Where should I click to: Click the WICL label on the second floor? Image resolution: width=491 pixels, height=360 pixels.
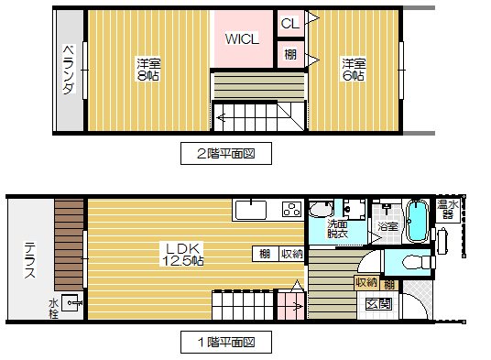[243, 38]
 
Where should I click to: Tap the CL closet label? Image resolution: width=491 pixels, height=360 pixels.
[289, 23]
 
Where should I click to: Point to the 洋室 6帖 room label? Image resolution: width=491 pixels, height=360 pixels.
[353, 70]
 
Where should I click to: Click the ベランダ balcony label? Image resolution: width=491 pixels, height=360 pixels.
[69, 70]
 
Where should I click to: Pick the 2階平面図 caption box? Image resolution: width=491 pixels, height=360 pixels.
[226, 154]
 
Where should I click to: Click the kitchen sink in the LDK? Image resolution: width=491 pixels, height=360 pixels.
[251, 210]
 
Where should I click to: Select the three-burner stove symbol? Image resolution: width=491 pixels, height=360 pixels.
[291, 209]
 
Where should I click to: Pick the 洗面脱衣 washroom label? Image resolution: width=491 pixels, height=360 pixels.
[337, 230]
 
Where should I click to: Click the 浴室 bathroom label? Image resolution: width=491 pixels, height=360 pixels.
[387, 226]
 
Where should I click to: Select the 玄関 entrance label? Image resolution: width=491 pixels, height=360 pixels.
[377, 304]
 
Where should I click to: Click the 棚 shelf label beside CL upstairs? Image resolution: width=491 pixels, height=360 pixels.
[289, 54]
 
